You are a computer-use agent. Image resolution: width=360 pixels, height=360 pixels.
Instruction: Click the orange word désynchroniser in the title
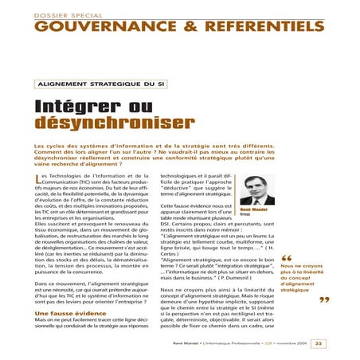click(x=114, y=123)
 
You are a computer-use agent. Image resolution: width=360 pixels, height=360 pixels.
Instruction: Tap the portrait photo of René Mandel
click(x=258, y=190)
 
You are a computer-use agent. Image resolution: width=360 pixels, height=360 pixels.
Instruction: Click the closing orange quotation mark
click(x=323, y=300)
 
